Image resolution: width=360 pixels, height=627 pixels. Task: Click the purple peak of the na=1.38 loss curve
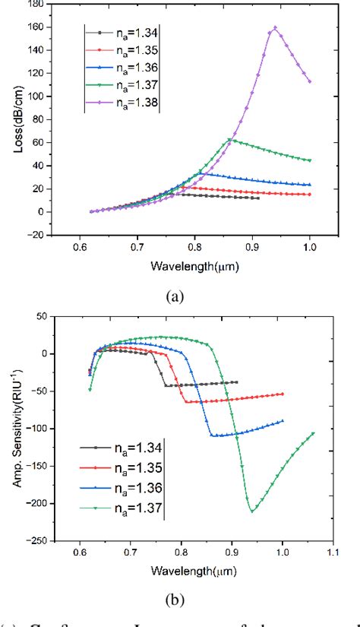pos(274,28)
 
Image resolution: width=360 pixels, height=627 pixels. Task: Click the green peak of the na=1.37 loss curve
pos(229,140)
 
